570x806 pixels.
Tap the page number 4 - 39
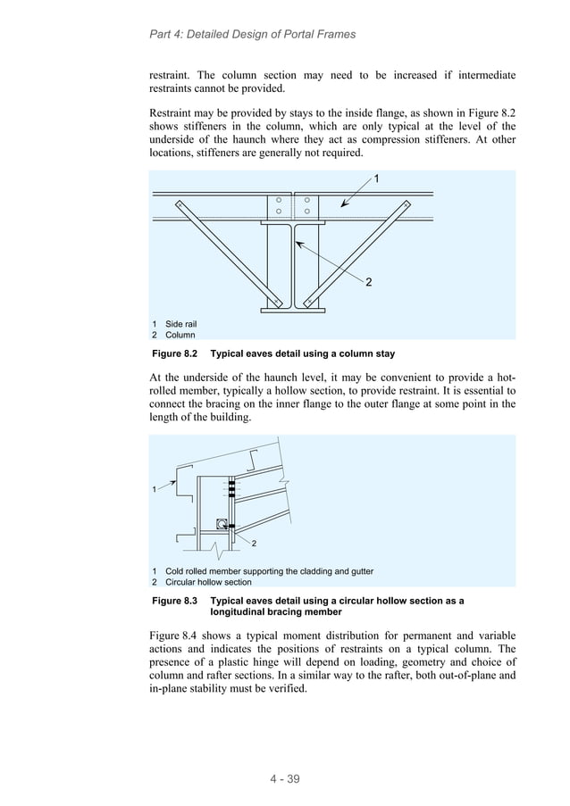click(x=285, y=778)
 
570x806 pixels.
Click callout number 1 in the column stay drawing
click(x=376, y=179)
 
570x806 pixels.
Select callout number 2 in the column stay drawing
click(x=368, y=282)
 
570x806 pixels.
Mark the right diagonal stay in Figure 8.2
click(x=358, y=253)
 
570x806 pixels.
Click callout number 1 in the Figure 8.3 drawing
click(x=155, y=489)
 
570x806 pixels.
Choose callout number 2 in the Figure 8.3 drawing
click(x=255, y=544)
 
